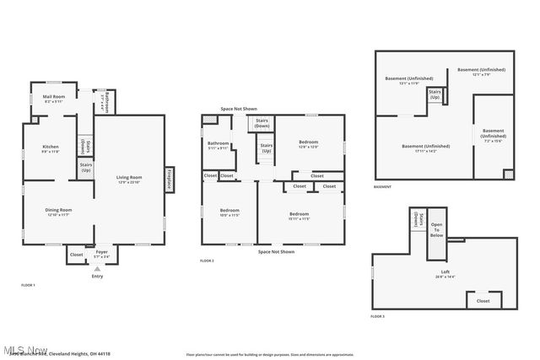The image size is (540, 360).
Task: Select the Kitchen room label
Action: click(51, 150)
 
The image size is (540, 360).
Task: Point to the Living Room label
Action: click(129, 179)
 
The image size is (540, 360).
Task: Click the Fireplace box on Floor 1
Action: click(170, 178)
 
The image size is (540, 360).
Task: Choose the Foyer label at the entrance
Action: click(101, 253)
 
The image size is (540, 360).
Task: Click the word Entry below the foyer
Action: click(97, 276)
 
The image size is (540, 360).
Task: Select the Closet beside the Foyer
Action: click(76, 254)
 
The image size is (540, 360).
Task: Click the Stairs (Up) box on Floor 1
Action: click(86, 168)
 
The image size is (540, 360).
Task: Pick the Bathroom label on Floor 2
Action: click(219, 145)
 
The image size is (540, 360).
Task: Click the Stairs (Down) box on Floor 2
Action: click(262, 124)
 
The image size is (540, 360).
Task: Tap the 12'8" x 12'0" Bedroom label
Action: click(308, 144)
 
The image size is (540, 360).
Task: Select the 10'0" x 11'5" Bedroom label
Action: click(229, 212)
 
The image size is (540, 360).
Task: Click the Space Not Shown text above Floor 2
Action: click(239, 109)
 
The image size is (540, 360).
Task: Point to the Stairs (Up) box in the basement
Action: click(435, 94)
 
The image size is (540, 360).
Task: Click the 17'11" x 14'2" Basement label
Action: click(425, 148)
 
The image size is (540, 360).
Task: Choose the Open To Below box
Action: click(437, 229)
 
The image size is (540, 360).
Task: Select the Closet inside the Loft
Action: click(483, 300)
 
